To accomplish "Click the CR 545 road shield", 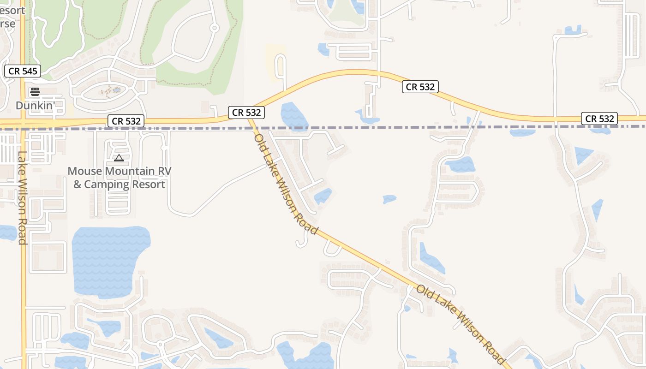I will point(23,71).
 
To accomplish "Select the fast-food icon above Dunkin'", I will point(35,92).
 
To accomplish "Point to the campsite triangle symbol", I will point(119,158).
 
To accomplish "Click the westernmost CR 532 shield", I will point(126,121).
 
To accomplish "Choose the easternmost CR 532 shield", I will point(599,119).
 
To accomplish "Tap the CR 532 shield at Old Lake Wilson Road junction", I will point(246,112).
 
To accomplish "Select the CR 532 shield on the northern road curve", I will point(420,87).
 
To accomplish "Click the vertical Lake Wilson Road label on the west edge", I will point(22,198).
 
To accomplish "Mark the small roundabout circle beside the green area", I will point(214,28).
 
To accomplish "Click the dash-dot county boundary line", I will point(369,127).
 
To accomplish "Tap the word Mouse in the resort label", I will point(85,171).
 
